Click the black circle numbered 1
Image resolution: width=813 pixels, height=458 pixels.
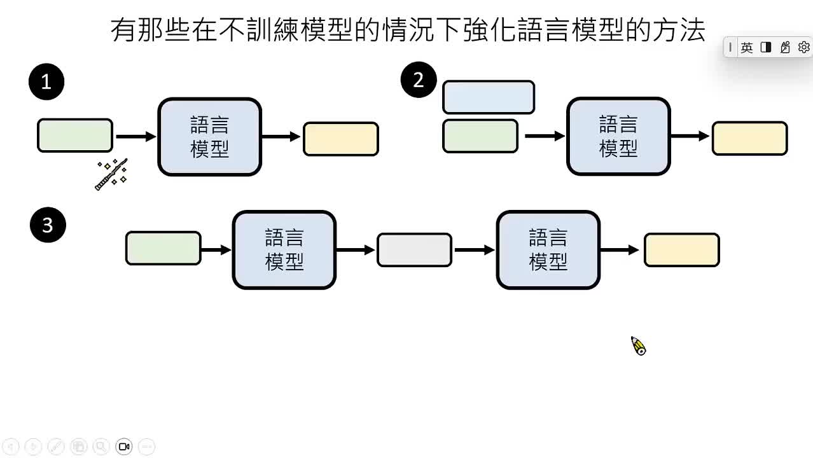click(46, 82)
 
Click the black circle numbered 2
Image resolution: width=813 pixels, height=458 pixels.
click(418, 80)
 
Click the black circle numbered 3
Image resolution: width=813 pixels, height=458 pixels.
click(48, 225)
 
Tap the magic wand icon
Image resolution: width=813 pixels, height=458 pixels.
click(112, 174)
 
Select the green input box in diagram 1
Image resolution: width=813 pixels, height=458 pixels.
click(75, 135)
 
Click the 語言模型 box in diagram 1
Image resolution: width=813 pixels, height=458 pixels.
click(210, 137)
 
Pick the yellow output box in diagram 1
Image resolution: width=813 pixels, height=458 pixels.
click(341, 139)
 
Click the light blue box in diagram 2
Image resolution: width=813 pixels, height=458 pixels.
click(488, 97)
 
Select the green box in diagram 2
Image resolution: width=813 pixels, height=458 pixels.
click(480, 136)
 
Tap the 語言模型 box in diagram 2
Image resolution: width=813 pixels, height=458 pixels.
click(618, 136)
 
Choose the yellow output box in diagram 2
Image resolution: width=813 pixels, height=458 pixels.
click(749, 139)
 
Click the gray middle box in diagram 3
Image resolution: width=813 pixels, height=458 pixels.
click(414, 250)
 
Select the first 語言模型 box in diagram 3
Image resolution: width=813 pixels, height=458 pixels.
click(284, 250)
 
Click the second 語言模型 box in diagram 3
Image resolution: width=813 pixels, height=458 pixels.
click(548, 250)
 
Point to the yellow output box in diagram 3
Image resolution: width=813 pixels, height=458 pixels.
click(681, 250)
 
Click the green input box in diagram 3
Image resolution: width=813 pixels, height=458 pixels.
click(163, 248)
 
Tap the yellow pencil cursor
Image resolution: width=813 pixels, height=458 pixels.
click(638, 345)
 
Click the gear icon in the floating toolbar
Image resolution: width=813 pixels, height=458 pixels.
click(803, 47)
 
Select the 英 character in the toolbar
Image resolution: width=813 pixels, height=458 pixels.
click(747, 47)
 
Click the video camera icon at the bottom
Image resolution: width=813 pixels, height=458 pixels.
click(124, 447)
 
